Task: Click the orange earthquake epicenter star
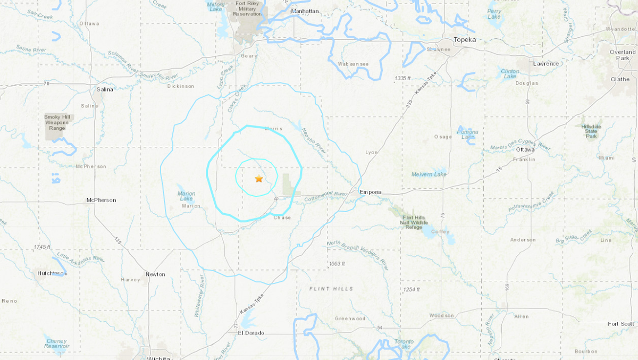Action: [259, 179]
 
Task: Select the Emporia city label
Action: [371, 192]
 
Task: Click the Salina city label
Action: [105, 89]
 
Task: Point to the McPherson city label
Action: [101, 200]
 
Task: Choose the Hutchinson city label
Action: [52, 273]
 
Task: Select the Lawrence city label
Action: [546, 64]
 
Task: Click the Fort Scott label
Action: [621, 324]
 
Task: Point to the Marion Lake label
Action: [187, 196]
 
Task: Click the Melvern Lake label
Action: [429, 174]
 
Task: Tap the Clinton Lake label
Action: [509, 73]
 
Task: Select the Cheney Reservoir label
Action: [56, 344]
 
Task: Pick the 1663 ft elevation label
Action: [337, 264]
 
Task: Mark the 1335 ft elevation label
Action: [403, 79]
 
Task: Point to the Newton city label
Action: [155, 274]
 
